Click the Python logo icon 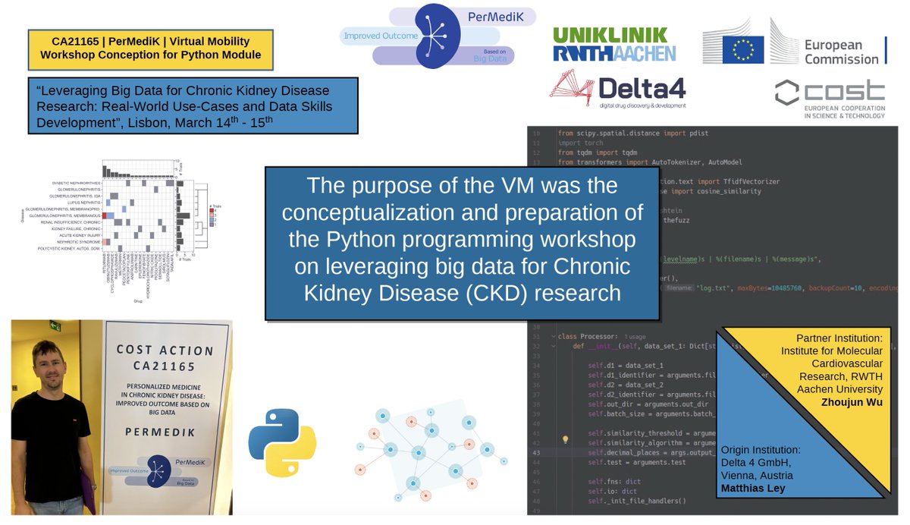click(x=282, y=443)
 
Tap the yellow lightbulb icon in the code click(x=565, y=439)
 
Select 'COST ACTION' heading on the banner click(x=165, y=351)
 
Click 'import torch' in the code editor click(x=580, y=142)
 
